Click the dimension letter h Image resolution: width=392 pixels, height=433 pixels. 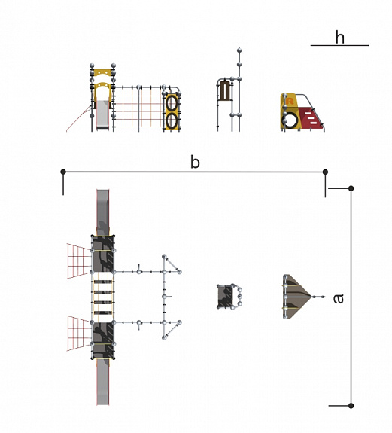click(339, 38)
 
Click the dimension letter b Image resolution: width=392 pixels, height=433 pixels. click(195, 162)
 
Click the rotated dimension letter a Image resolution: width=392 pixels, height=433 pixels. click(339, 299)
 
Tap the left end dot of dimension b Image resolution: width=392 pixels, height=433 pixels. click(63, 172)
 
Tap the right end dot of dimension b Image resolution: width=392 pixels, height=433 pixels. click(325, 172)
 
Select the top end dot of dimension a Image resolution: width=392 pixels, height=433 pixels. click(351, 188)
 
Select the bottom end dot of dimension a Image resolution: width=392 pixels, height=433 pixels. click(351, 406)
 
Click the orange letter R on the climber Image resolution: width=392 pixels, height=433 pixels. click(290, 101)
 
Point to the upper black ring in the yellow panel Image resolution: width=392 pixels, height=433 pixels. click(172, 103)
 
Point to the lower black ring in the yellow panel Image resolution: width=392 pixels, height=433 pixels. click(172, 120)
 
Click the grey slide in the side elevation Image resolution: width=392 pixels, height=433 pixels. click(103, 114)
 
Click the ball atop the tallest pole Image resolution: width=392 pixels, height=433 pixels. click(239, 50)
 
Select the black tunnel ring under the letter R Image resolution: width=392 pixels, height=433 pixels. click(290, 120)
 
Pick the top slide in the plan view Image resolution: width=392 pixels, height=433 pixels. click(103, 212)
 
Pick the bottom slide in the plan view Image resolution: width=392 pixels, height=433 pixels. click(103, 382)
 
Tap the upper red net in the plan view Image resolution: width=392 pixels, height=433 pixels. click(79, 261)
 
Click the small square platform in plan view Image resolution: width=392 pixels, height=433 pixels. click(225, 297)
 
